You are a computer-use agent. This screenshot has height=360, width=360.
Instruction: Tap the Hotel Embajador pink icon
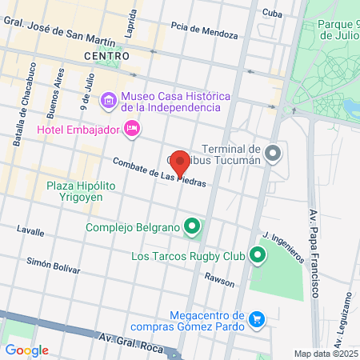(133, 128)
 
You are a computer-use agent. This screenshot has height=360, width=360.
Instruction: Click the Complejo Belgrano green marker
(191, 227)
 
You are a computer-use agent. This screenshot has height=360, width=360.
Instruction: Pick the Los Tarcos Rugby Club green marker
(257, 256)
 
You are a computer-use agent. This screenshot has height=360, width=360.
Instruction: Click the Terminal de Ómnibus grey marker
(274, 152)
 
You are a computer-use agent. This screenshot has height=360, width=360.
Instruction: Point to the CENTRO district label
(106, 56)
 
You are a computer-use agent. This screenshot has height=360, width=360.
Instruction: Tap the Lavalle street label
(30, 230)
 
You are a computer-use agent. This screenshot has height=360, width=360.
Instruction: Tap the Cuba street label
(273, 13)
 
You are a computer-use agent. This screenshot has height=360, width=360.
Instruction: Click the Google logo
(26, 350)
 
